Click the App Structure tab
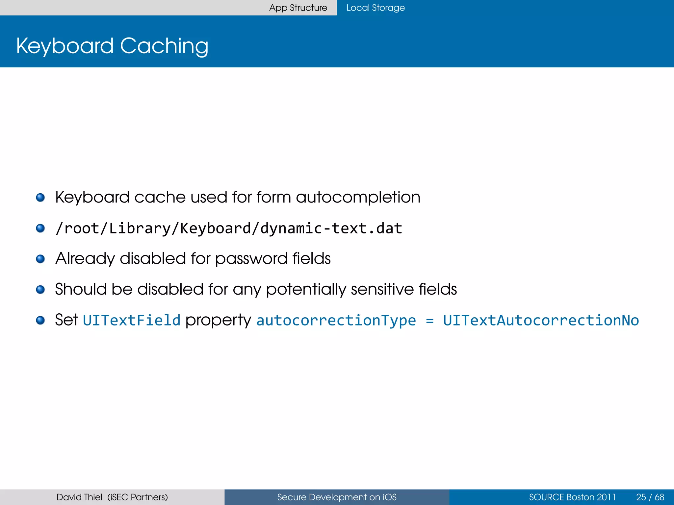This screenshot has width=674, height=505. (x=298, y=8)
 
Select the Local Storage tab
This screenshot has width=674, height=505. (x=376, y=8)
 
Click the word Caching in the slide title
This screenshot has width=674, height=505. (x=164, y=46)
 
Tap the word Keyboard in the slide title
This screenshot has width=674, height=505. (x=65, y=46)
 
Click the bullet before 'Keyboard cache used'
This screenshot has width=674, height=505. (x=40, y=198)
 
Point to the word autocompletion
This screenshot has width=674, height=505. (x=358, y=197)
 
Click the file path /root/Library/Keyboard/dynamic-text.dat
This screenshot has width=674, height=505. (x=229, y=228)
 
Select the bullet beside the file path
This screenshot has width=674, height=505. (x=40, y=228)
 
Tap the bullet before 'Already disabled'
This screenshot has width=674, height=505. (x=40, y=259)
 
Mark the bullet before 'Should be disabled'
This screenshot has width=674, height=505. (x=40, y=290)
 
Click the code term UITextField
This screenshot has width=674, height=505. (x=132, y=320)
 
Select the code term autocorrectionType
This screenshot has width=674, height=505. (x=336, y=320)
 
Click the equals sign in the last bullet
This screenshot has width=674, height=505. (x=429, y=320)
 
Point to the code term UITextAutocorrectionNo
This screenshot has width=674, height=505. (x=541, y=320)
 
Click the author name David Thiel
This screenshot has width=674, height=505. (x=79, y=497)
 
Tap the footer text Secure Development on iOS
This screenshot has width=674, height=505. (x=337, y=497)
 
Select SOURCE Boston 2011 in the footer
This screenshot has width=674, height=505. (x=572, y=497)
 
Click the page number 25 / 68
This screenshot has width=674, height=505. (x=650, y=497)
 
